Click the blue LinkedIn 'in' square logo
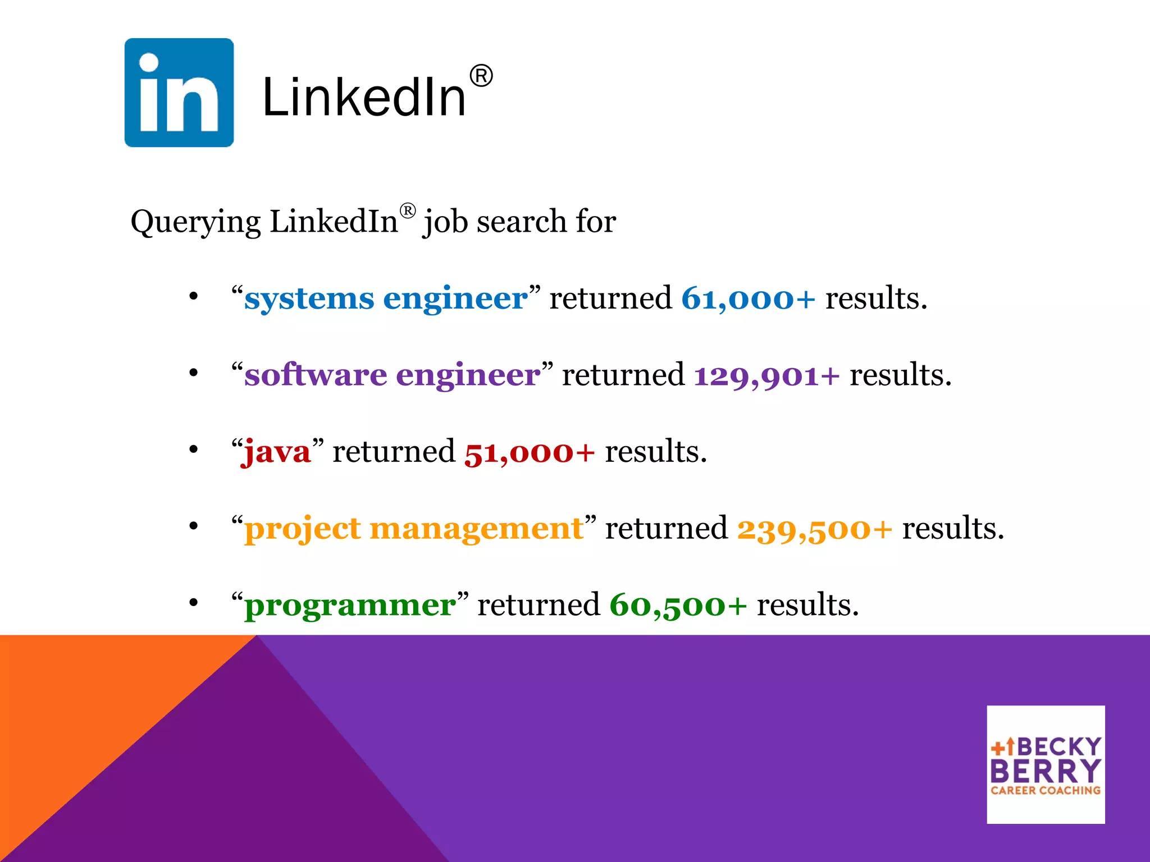point(179,93)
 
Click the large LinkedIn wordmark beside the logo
point(364,98)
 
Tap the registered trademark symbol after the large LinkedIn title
point(481,76)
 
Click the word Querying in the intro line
point(195,222)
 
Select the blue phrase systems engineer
point(386,298)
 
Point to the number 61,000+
point(748,298)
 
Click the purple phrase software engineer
point(392,375)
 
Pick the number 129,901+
point(766,375)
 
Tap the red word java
point(276,452)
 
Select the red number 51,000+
point(529,452)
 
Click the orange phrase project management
point(414,529)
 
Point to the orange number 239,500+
point(814,529)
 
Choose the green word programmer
point(350,605)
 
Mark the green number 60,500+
point(678,605)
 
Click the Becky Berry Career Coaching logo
point(1046,764)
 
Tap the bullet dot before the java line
point(194,450)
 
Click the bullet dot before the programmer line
point(194,603)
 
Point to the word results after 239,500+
point(953,529)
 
